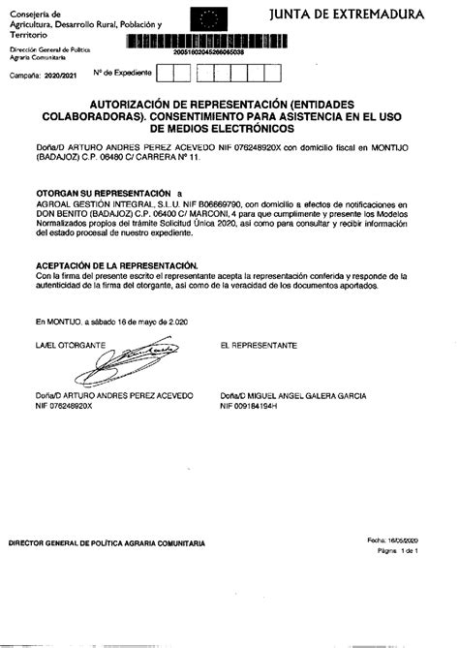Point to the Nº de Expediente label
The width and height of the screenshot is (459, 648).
tap(117, 73)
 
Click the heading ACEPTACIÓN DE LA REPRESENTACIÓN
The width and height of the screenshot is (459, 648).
tap(116, 263)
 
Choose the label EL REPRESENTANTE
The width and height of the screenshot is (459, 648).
tap(258, 345)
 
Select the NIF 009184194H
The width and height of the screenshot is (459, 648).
tap(249, 406)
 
